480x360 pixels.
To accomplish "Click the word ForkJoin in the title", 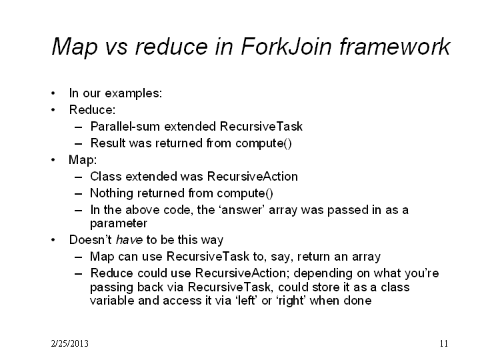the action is pyautogui.click(x=286, y=47).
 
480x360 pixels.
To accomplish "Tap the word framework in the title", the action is pyautogui.click(x=395, y=47).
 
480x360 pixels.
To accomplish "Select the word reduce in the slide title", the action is pyautogui.click(x=171, y=47).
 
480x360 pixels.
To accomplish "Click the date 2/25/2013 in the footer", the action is pyautogui.click(x=70, y=343).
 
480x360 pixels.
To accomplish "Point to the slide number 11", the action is pyautogui.click(x=444, y=343).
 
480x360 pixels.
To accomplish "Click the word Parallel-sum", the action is pyautogui.click(x=125, y=127).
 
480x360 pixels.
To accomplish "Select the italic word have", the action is pyautogui.click(x=129, y=240).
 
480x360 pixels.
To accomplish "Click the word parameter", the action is pyautogui.click(x=119, y=224).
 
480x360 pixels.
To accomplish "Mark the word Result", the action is pyautogui.click(x=108, y=143).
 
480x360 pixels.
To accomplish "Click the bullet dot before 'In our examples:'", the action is pyautogui.click(x=53, y=93).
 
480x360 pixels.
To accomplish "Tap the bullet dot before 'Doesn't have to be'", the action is pyautogui.click(x=53, y=240).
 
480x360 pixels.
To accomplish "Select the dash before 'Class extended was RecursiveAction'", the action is pyautogui.click(x=79, y=177).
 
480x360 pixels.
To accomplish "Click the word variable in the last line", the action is pyautogui.click(x=113, y=301).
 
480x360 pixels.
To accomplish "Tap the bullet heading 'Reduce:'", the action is pyautogui.click(x=92, y=110).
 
